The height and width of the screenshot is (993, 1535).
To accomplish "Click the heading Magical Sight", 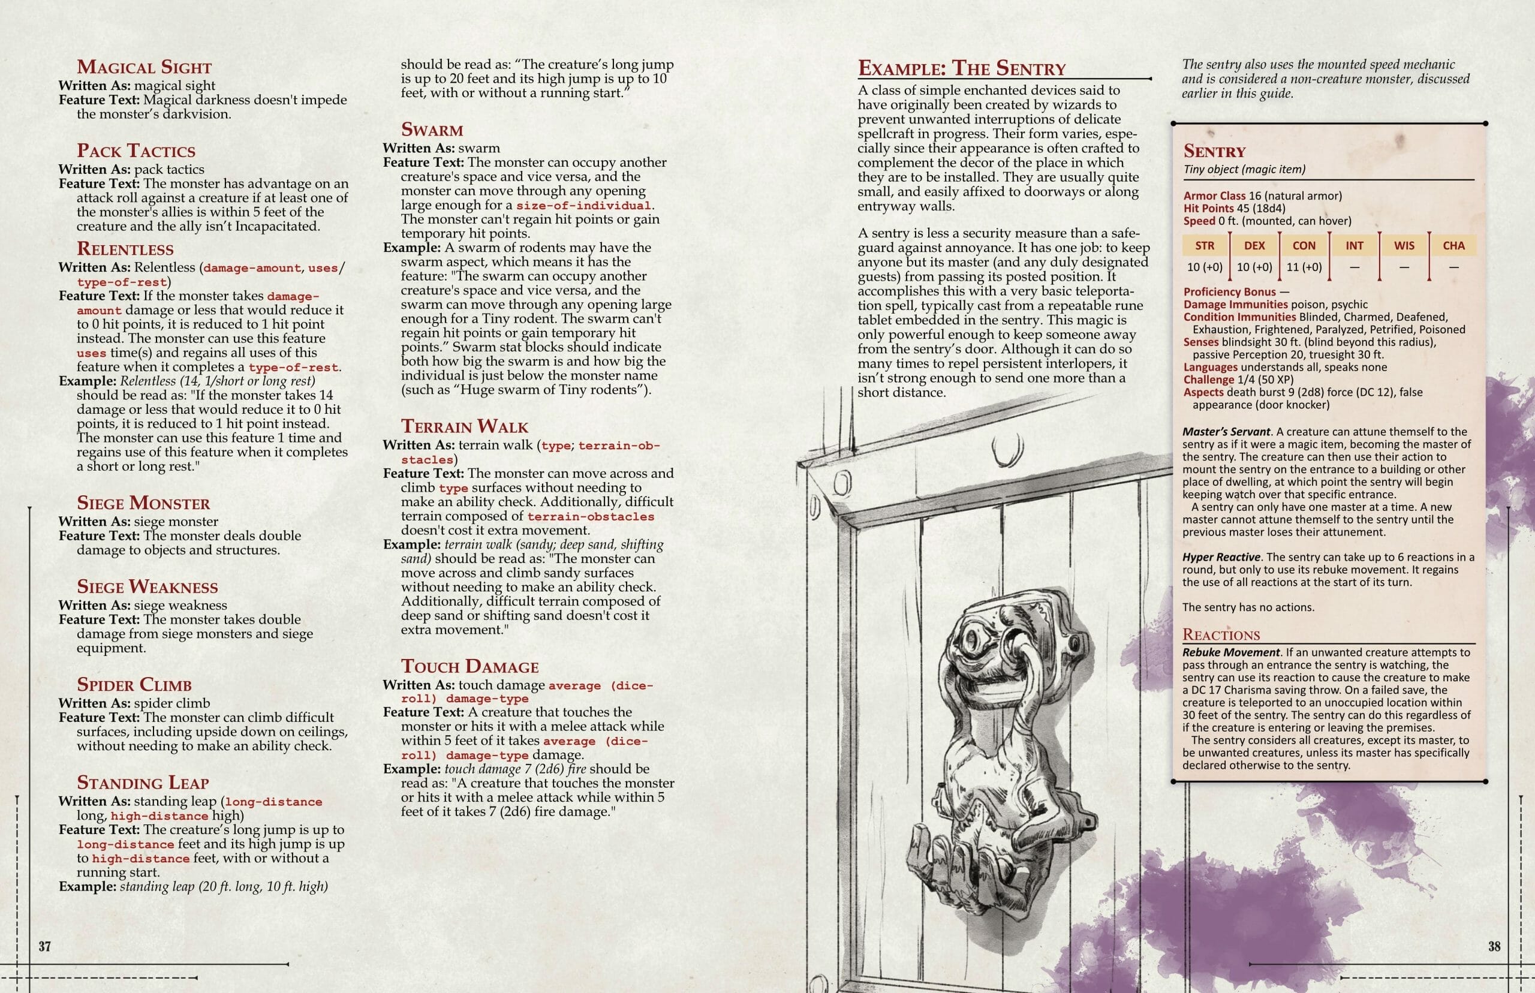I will click(144, 67).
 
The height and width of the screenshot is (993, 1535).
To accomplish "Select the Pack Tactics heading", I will click(136, 151).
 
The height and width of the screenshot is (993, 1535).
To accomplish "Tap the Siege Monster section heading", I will click(143, 503).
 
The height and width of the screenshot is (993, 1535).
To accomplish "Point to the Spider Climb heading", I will click(134, 685).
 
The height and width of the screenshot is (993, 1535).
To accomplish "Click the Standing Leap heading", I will click(143, 783).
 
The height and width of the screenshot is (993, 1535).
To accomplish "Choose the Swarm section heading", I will click(432, 130).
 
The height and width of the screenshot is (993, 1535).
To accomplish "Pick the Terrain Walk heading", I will click(464, 426).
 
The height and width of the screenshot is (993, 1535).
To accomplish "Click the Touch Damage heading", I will click(469, 667).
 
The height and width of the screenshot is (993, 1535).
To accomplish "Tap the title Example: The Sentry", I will click(961, 68).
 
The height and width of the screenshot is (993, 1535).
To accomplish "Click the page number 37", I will click(44, 947).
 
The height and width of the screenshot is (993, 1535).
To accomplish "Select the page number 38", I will click(1494, 947).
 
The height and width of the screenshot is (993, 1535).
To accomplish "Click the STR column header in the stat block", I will click(1204, 246).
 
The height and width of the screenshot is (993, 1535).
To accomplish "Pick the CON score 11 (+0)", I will click(1304, 267).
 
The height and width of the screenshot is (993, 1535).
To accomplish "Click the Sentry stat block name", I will click(1215, 152).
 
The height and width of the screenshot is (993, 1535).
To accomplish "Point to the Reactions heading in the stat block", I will click(1221, 635).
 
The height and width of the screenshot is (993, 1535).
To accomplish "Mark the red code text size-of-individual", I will click(583, 206).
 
